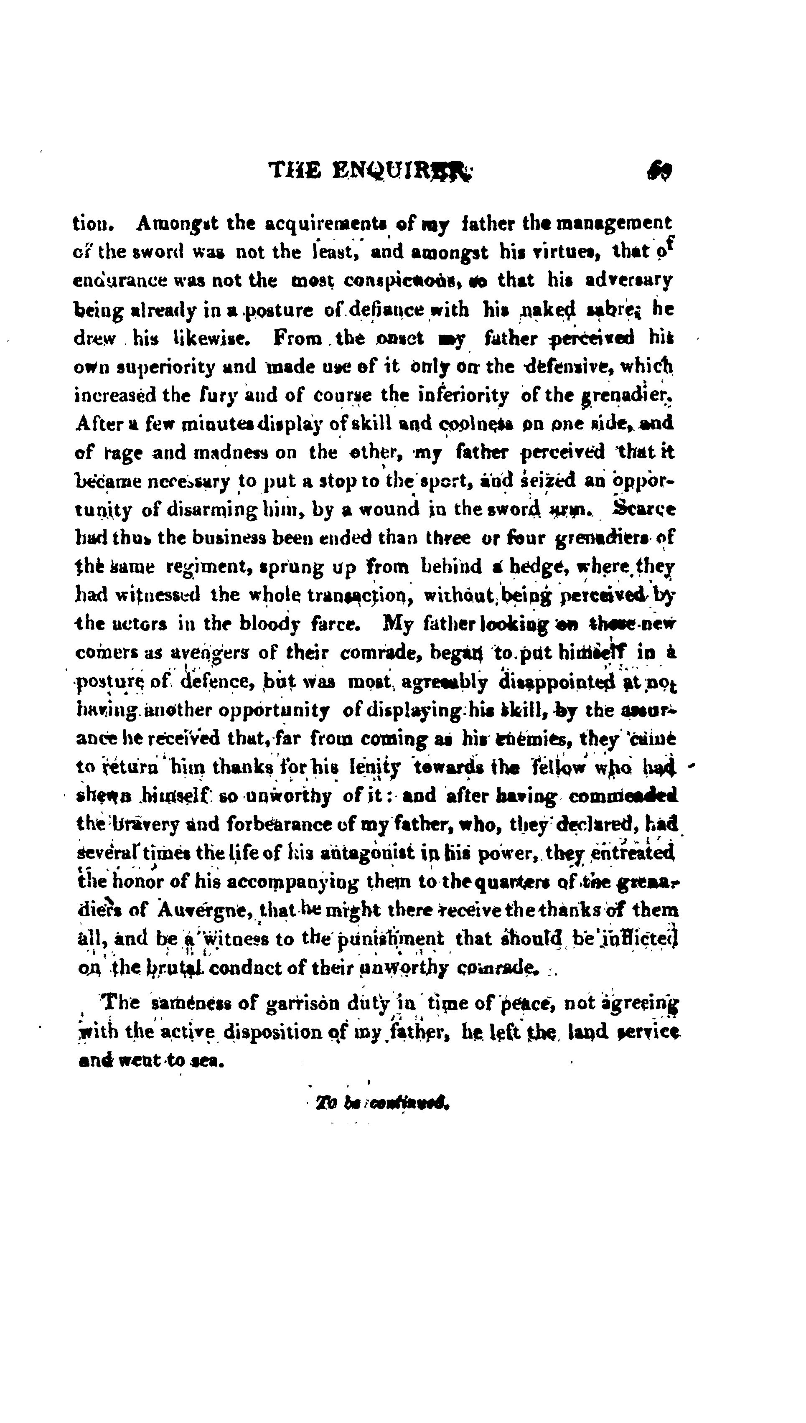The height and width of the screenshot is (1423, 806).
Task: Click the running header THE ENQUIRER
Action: (370, 171)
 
